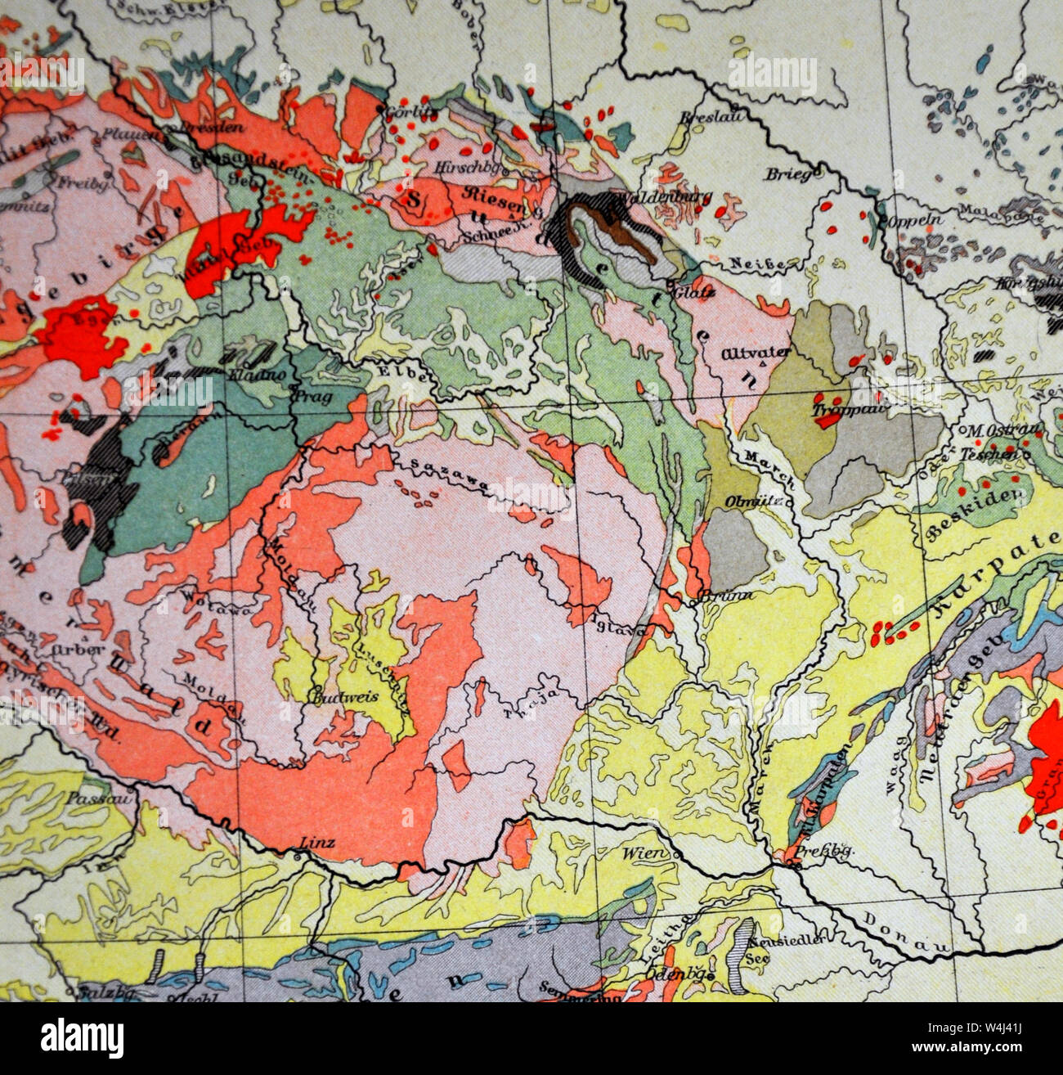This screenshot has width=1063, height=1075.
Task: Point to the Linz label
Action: pyautogui.click(x=317, y=842)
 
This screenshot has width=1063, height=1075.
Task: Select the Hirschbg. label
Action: pyautogui.click(x=463, y=165)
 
